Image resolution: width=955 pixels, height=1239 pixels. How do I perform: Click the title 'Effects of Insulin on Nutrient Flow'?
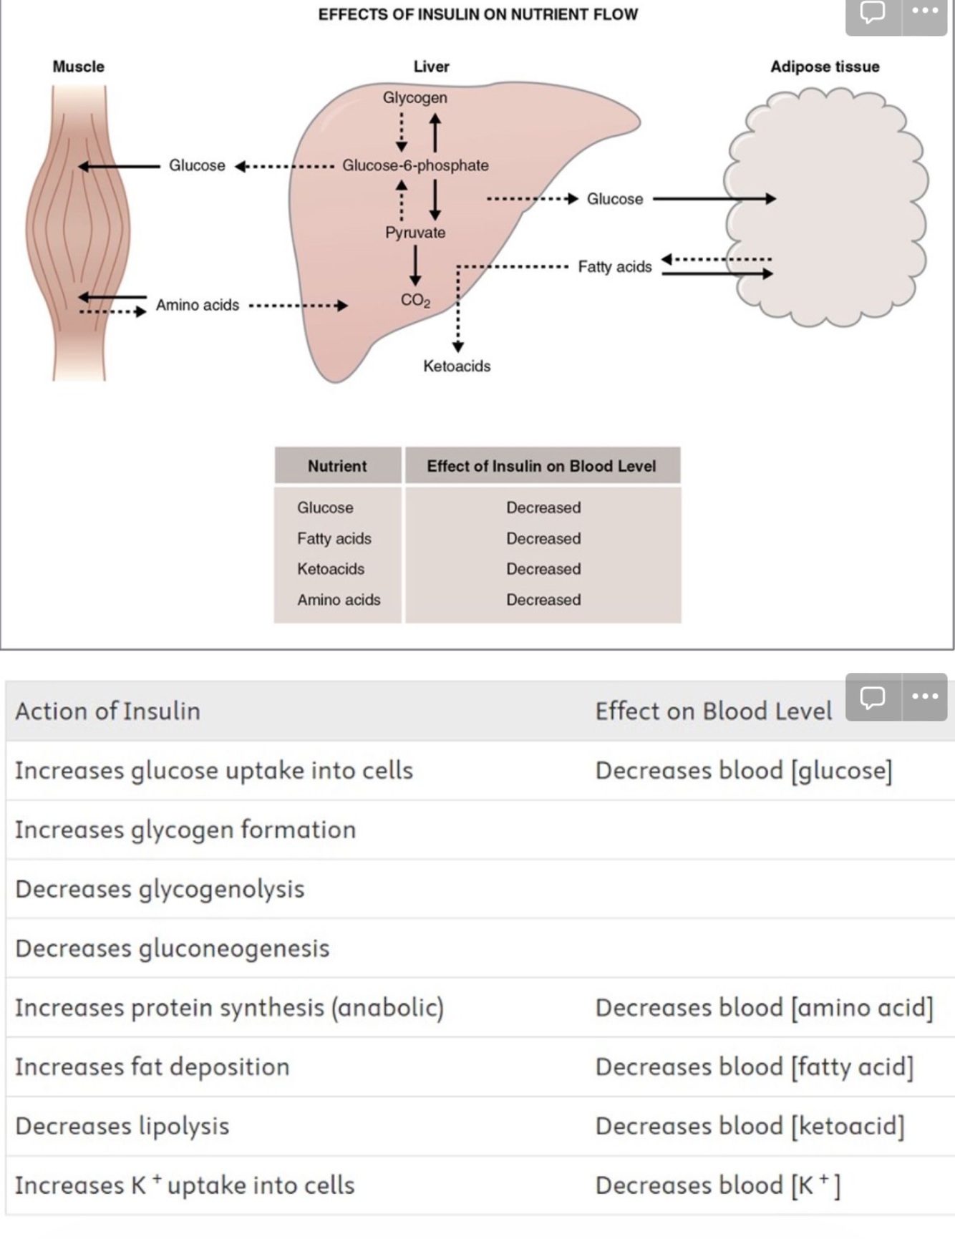[477, 14]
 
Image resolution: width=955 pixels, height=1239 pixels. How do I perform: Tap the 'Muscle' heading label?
[79, 67]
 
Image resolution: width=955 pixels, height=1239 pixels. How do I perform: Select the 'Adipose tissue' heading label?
[825, 67]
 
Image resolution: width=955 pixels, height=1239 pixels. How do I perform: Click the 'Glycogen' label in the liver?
[415, 97]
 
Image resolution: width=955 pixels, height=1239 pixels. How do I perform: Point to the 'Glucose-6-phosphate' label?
[415, 165]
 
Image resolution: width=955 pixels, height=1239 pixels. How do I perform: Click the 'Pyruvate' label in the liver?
[415, 233]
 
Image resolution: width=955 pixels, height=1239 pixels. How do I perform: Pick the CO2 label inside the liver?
[415, 300]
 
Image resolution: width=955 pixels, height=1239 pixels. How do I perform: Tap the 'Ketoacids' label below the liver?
[457, 366]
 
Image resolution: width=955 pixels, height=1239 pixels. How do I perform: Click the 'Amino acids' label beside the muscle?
[198, 305]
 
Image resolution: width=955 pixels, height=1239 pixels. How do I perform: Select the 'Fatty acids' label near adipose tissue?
[615, 267]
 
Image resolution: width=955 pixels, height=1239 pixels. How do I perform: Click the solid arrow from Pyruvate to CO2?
[415, 265]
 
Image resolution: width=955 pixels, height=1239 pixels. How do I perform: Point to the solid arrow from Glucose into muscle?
[119, 166]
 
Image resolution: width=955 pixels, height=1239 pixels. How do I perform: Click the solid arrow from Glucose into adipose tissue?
[713, 198]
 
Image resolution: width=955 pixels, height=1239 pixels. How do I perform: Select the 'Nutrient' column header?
[337, 466]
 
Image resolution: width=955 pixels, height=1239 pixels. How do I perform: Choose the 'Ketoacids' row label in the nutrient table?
[331, 569]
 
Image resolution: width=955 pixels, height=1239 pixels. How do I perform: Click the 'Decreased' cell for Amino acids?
[543, 600]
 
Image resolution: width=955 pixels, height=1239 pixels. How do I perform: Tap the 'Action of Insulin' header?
[108, 711]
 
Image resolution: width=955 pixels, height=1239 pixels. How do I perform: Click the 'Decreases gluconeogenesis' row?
[173, 948]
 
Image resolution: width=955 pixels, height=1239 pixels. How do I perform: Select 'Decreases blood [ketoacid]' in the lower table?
[750, 1126]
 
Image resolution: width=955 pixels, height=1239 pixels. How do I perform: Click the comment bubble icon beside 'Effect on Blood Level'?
[872, 696]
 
